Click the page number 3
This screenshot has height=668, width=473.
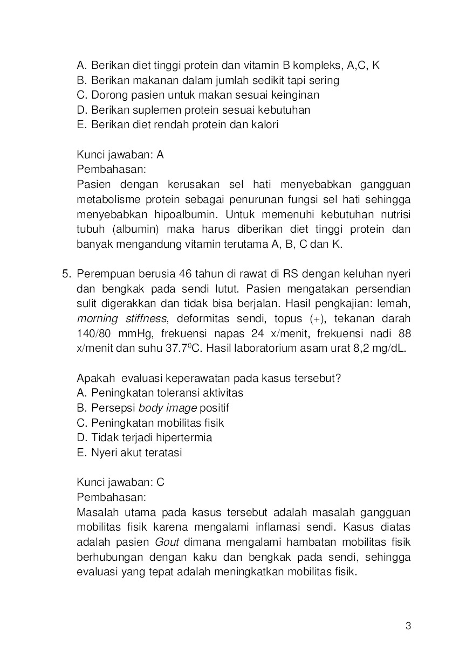click(x=408, y=626)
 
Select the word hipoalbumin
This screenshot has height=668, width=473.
click(x=186, y=214)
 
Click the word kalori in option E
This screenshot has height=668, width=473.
click(x=263, y=124)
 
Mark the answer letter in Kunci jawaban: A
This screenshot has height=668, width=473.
click(x=160, y=155)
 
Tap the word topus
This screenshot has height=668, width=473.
click(x=289, y=318)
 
